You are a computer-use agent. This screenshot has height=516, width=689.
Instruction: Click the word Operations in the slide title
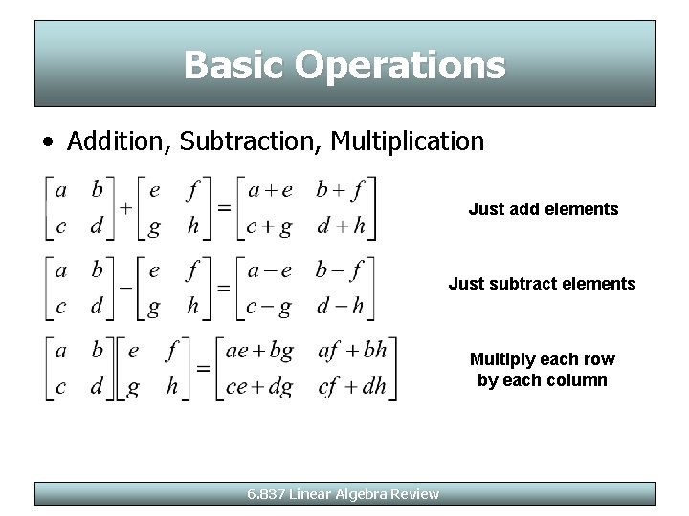click(x=400, y=65)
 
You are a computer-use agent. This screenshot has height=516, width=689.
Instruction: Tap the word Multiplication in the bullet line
click(x=408, y=141)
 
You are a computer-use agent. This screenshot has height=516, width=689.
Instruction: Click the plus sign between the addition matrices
click(x=125, y=208)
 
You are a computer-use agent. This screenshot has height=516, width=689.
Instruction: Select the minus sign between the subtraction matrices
click(x=125, y=286)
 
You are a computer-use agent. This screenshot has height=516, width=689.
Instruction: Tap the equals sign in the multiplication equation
click(x=204, y=367)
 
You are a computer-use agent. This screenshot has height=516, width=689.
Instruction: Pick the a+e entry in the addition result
click(x=270, y=189)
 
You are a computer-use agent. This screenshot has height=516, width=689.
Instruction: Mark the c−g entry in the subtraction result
click(x=269, y=308)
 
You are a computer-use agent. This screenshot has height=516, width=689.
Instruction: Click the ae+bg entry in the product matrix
click(x=259, y=351)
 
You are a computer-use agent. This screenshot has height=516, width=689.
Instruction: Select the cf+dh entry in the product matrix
click(x=351, y=388)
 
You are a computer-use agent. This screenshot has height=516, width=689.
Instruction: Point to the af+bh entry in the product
click(x=351, y=351)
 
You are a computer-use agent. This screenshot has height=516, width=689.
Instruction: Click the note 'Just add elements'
click(x=544, y=209)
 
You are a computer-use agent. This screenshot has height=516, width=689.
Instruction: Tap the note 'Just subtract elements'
click(x=542, y=284)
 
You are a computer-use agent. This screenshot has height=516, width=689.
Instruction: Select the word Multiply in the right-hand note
click(x=503, y=359)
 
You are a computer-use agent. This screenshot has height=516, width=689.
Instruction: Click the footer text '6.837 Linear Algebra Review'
click(x=343, y=494)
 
